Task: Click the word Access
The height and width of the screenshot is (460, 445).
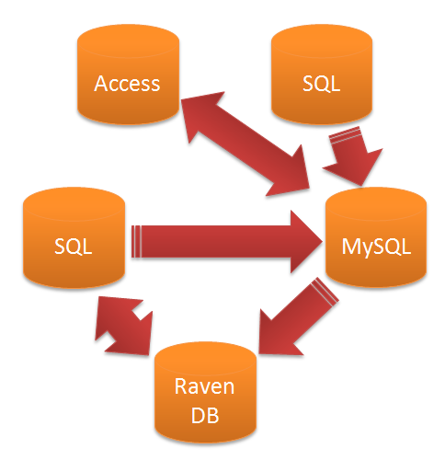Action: pyautogui.click(x=127, y=84)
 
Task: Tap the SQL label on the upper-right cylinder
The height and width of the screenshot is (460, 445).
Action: pyautogui.click(x=321, y=84)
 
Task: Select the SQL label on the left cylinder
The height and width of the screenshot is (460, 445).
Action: pyautogui.click(x=73, y=247)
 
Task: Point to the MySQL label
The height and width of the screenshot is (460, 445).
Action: pyautogui.click(x=378, y=247)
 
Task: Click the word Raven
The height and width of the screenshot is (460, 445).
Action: pyautogui.click(x=203, y=385)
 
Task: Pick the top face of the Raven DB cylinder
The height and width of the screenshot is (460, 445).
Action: pyautogui.click(x=203, y=356)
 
